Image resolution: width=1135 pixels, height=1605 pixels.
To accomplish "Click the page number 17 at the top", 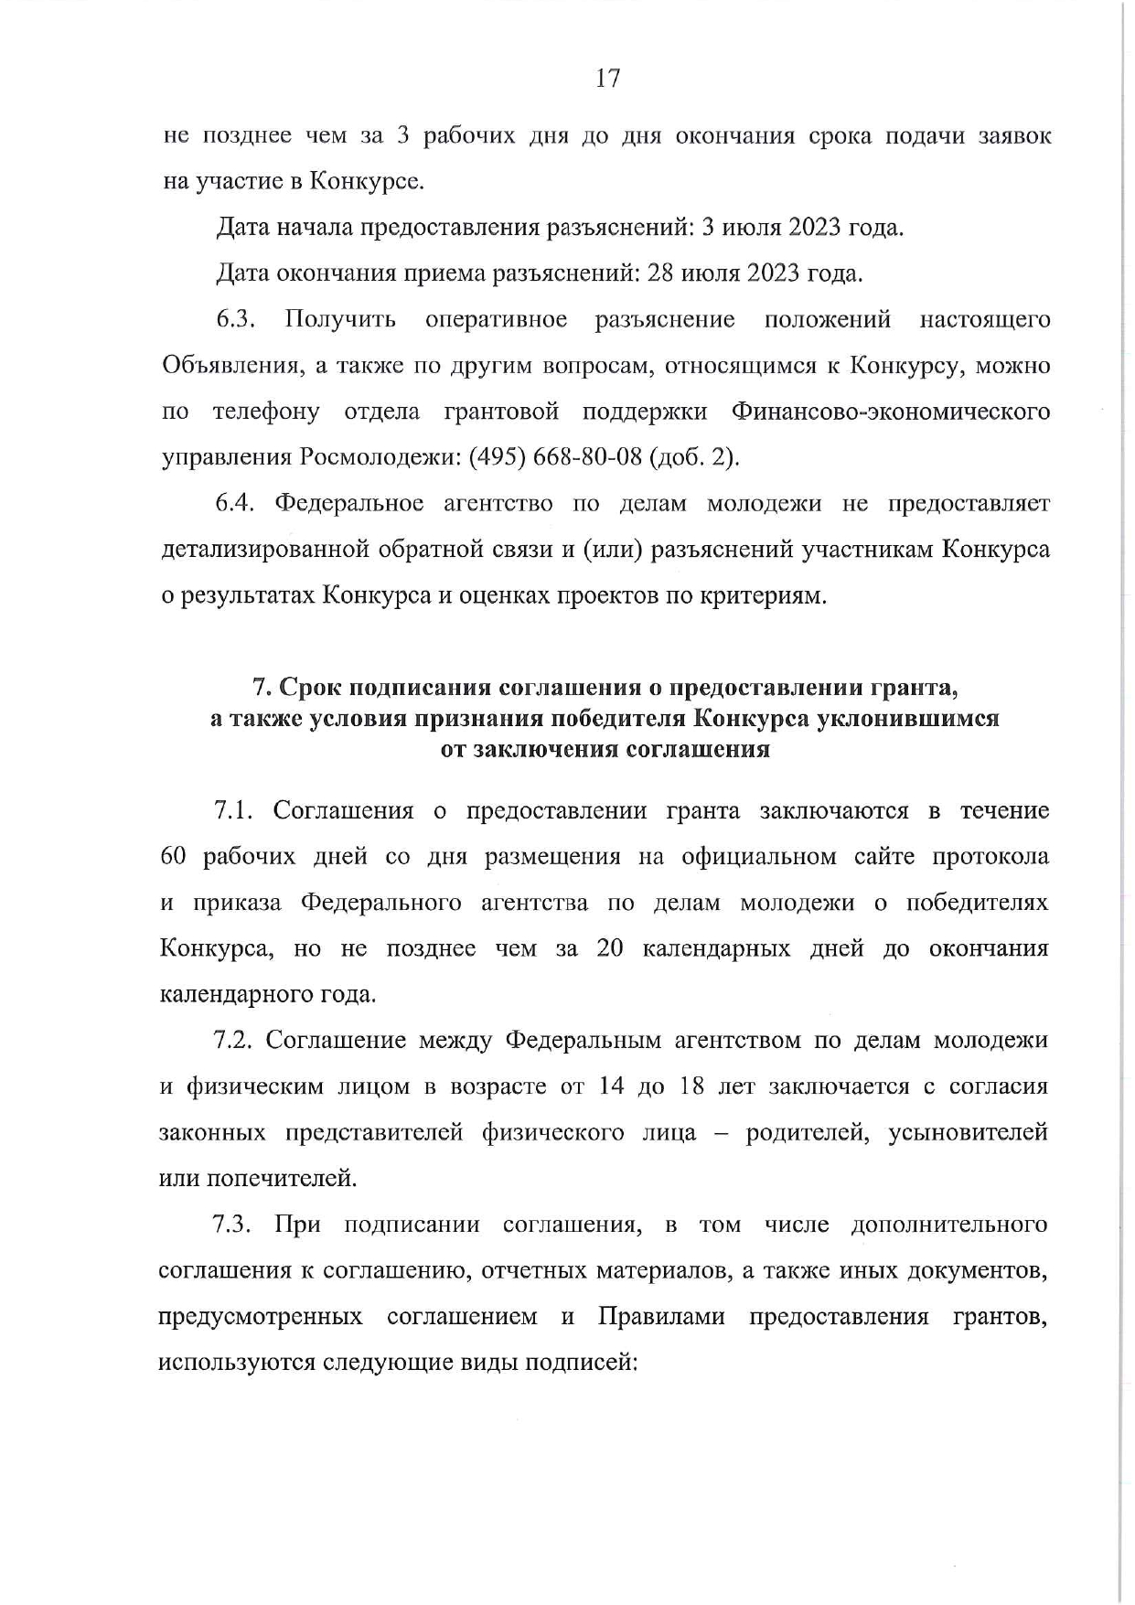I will pyautogui.click(x=608, y=79).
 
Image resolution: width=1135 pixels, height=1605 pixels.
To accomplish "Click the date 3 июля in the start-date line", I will pyautogui.click(x=737, y=228).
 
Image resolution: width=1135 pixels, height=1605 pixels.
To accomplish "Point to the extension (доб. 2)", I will pyautogui.click(x=693, y=457).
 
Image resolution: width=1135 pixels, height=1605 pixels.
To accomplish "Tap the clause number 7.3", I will pyautogui.click(x=232, y=1225).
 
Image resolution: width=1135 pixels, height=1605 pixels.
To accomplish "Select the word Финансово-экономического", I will pyautogui.click(x=891, y=412).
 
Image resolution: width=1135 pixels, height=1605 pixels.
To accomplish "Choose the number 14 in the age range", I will pyautogui.click(x=611, y=1086).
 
